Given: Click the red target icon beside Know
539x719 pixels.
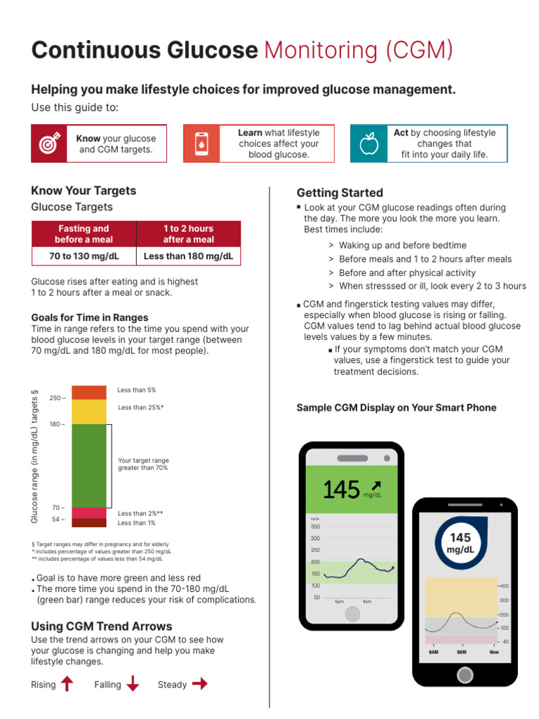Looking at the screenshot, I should click(x=48, y=144).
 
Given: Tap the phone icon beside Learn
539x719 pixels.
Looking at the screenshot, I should click(x=201, y=144).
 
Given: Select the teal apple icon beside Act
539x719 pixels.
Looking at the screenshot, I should click(x=368, y=144).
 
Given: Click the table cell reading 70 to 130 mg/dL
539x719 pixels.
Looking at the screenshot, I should click(x=84, y=256).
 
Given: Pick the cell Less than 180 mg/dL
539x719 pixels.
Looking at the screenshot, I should click(x=188, y=256).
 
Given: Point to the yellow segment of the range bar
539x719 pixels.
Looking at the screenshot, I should click(x=88, y=411).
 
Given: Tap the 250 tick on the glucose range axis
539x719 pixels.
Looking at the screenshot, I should click(x=57, y=398).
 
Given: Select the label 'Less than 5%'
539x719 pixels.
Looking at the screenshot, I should click(x=136, y=390).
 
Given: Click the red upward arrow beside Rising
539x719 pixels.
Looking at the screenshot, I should click(x=67, y=684).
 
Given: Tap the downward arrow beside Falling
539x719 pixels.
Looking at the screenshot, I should click(x=133, y=684).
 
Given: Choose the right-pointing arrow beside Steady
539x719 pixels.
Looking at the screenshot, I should click(x=200, y=684).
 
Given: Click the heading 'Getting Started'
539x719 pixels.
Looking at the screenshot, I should click(x=340, y=193).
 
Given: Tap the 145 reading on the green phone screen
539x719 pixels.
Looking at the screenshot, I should click(x=342, y=489).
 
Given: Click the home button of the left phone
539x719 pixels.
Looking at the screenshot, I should click(x=352, y=613).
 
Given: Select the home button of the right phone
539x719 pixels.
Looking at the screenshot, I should click(x=464, y=675).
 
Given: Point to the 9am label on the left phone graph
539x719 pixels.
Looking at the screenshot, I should click(x=367, y=602).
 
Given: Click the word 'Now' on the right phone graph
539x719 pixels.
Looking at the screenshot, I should click(x=494, y=652).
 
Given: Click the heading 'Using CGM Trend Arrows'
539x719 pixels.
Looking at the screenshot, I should click(x=102, y=626).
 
